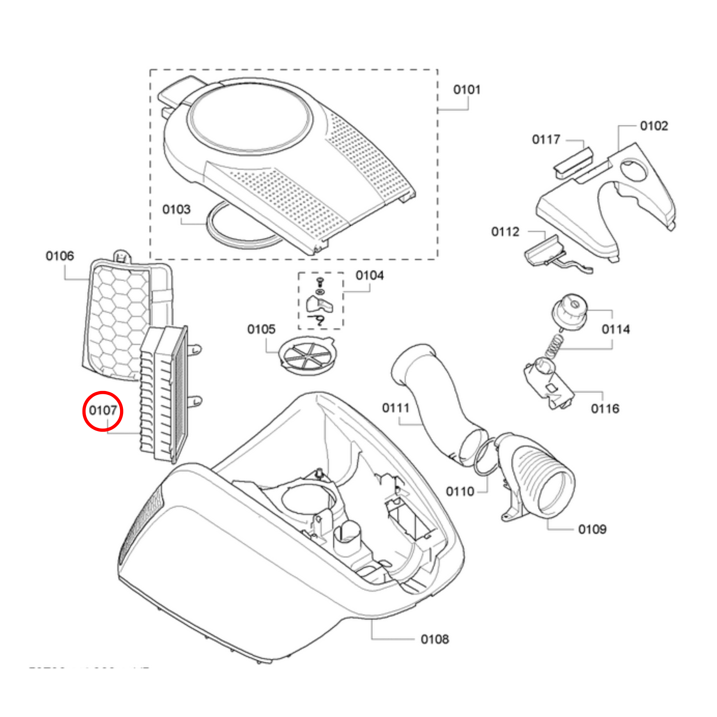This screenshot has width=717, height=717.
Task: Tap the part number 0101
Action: [467, 90]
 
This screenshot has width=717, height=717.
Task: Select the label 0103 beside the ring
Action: [176, 210]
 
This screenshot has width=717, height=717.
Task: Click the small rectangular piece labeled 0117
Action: [573, 160]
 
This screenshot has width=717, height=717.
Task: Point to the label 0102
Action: [654, 126]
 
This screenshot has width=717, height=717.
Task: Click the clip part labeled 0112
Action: [544, 252]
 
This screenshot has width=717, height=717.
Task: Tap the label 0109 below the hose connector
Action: [592, 529]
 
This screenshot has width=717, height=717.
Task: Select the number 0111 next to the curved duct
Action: [396, 408]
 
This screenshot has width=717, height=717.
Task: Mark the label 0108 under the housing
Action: [435, 639]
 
